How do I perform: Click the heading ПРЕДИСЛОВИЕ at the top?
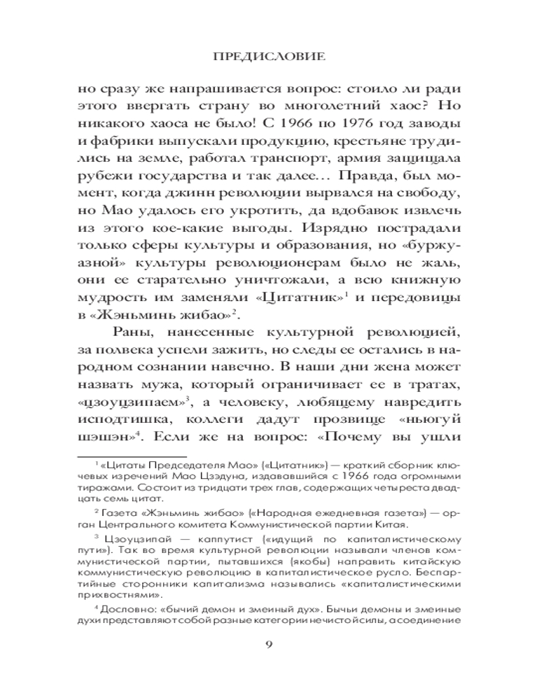[279, 57]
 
